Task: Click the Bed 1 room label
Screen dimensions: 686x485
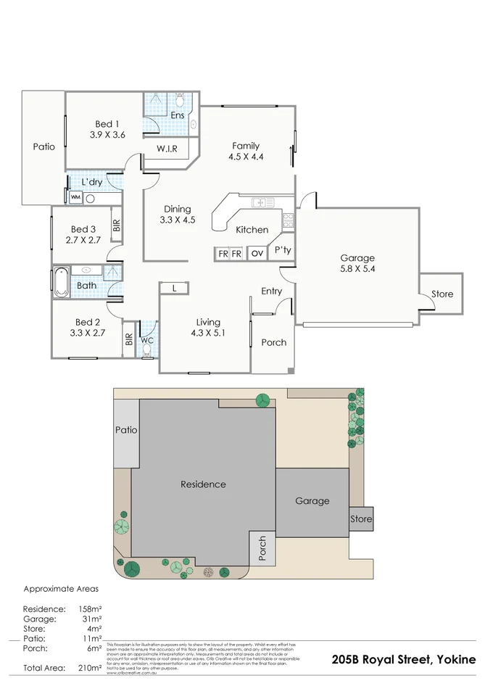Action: point(107,123)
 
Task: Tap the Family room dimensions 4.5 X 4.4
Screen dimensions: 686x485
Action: point(245,156)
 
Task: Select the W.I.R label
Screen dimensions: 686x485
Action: point(169,149)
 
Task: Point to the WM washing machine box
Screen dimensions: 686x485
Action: point(75,197)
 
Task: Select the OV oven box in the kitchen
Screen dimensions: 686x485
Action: point(257,254)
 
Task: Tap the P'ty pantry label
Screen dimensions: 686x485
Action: point(282,251)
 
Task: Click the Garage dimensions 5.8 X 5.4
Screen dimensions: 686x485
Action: point(357,269)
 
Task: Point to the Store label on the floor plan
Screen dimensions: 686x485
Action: point(442,294)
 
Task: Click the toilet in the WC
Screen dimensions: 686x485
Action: point(146,351)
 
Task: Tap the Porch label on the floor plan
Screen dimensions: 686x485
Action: point(273,342)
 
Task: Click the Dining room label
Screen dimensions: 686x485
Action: point(177,209)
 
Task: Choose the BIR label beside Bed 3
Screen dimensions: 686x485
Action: point(116,226)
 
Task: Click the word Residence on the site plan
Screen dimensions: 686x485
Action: point(203,484)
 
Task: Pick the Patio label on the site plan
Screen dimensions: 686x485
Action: point(126,430)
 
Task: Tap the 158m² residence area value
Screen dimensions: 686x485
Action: point(90,608)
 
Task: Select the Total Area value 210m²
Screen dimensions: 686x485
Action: point(90,668)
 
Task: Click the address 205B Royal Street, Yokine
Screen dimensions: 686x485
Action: point(404,659)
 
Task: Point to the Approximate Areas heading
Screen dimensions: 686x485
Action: point(61,589)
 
